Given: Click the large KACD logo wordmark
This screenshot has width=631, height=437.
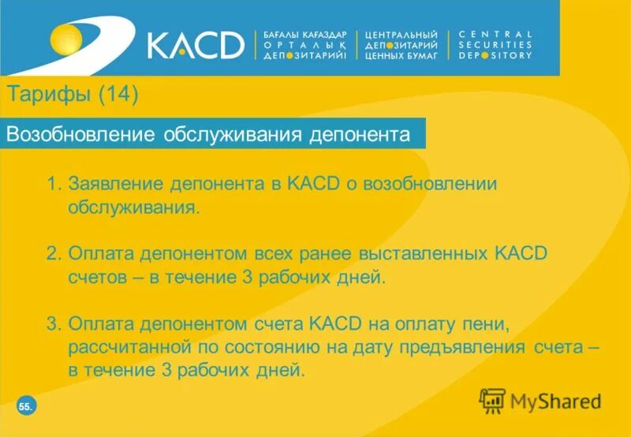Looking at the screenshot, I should coord(196,45).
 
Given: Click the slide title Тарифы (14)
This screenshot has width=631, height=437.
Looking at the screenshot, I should coord(73,95).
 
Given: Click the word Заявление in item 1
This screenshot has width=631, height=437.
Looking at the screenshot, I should coord(112,184).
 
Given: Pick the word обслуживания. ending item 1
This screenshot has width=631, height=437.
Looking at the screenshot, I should coord(133,207).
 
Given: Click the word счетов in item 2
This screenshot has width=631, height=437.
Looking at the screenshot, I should coord(95,278).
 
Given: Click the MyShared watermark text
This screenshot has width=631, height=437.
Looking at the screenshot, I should coord(555,402).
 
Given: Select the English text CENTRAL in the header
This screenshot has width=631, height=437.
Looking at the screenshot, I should coord(495,35).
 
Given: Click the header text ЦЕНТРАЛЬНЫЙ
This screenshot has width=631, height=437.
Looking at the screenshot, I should coord(401,35).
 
